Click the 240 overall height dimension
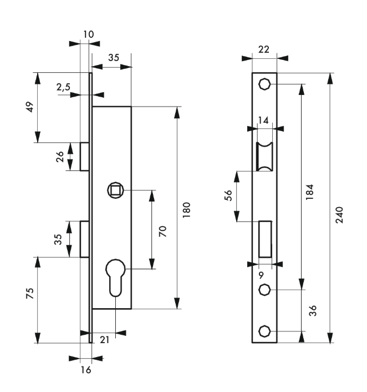[x=339, y=215]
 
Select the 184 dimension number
[x=310, y=192]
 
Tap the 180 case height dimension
[x=186, y=210]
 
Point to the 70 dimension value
[x=163, y=231]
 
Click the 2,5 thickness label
[x=63, y=87]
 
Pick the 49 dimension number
[x=30, y=107]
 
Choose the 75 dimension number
[x=30, y=293]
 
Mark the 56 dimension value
[x=228, y=195]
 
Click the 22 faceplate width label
[x=264, y=49]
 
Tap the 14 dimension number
[x=263, y=120]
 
